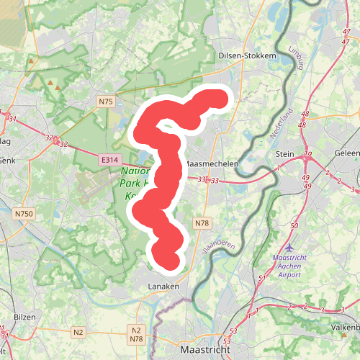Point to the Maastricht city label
point(204,349)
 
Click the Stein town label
point(286,154)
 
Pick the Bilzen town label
point(24,317)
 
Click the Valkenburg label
point(344,326)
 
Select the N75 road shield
point(106,102)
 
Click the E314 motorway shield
point(110,160)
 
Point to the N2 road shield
point(78,332)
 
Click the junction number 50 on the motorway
point(294,226)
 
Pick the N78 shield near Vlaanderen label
point(202,224)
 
